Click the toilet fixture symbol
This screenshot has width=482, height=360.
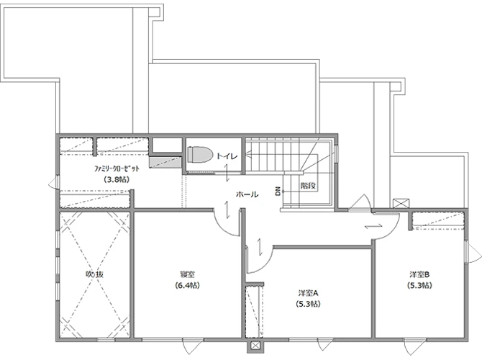click(x=201, y=154)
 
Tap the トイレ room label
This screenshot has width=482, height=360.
click(x=227, y=156)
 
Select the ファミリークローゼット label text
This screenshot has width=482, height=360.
click(x=117, y=168)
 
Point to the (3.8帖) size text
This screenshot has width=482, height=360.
click(x=117, y=179)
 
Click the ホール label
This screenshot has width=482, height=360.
click(x=247, y=194)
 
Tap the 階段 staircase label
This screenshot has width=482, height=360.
click(x=309, y=186)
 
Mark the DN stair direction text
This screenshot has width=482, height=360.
click(x=278, y=192)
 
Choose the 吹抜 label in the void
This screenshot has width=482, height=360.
click(x=94, y=274)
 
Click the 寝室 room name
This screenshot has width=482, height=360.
click(x=187, y=274)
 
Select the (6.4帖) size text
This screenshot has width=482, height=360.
click(x=187, y=285)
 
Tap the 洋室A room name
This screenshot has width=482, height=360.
click(x=309, y=293)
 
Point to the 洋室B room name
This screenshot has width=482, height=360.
click(x=419, y=274)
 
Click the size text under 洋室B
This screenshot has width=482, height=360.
click(x=419, y=285)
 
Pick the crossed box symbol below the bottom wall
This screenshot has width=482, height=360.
click(x=255, y=346)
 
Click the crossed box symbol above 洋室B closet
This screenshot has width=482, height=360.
click(x=401, y=204)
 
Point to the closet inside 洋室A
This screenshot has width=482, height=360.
click(x=254, y=311)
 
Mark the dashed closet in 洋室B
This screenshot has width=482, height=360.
click(x=438, y=220)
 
